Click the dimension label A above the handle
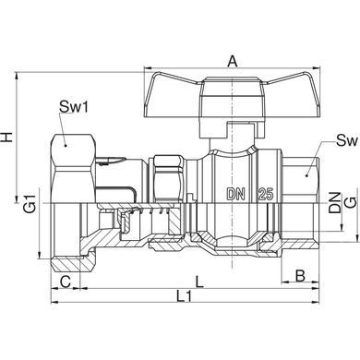click(x=233, y=62)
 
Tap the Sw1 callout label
click(x=74, y=107)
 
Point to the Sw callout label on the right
click(x=347, y=140)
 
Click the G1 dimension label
click(x=30, y=203)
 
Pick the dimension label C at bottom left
click(x=66, y=282)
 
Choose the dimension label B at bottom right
click(x=300, y=276)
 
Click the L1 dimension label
click(x=185, y=296)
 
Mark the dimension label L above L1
click(x=199, y=282)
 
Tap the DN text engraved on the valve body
click(x=236, y=194)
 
